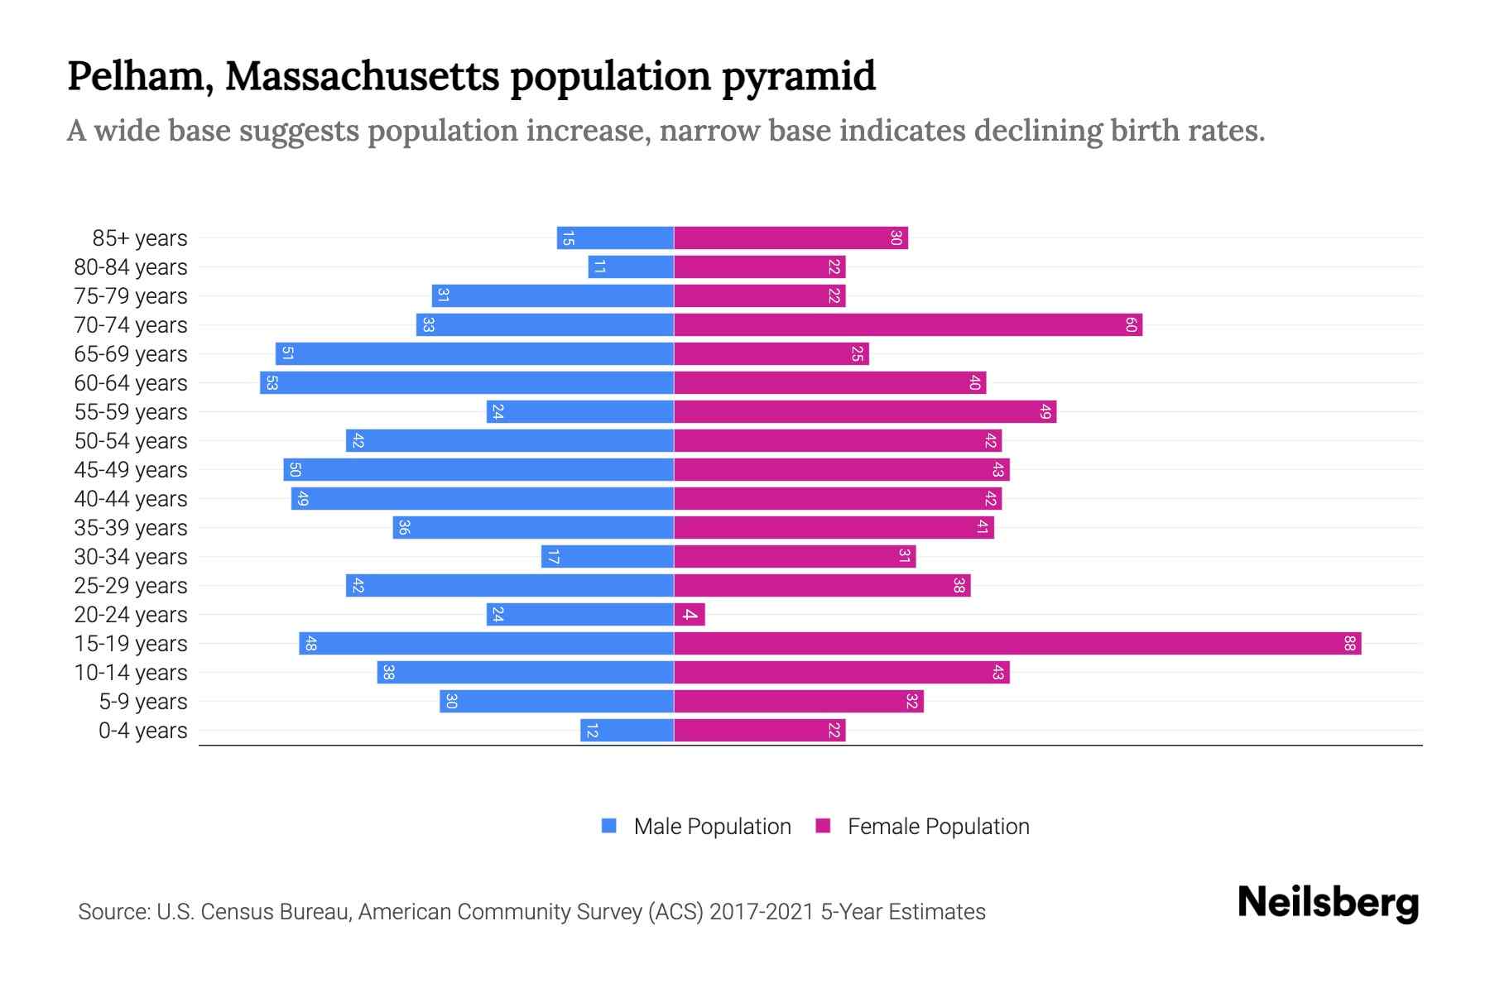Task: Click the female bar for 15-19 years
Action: [x=1017, y=643]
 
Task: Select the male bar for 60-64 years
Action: [x=467, y=382]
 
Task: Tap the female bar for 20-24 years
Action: [x=689, y=614]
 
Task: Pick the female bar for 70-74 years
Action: [x=907, y=324]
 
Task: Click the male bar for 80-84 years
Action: [x=631, y=266]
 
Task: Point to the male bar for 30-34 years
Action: [x=608, y=556]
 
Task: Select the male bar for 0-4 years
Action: [x=627, y=730]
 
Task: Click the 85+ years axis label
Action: [x=140, y=238]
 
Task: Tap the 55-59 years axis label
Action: [x=131, y=412]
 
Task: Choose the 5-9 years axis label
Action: [x=143, y=702]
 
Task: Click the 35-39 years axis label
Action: [x=131, y=528]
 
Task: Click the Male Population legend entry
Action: [x=712, y=826]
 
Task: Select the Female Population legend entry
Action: [x=938, y=826]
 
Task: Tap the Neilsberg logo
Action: [x=1328, y=903]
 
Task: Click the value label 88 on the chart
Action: [x=1349, y=643]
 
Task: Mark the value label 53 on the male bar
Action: [x=272, y=382]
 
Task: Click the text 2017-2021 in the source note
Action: [x=762, y=912]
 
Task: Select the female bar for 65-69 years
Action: [x=771, y=353]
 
